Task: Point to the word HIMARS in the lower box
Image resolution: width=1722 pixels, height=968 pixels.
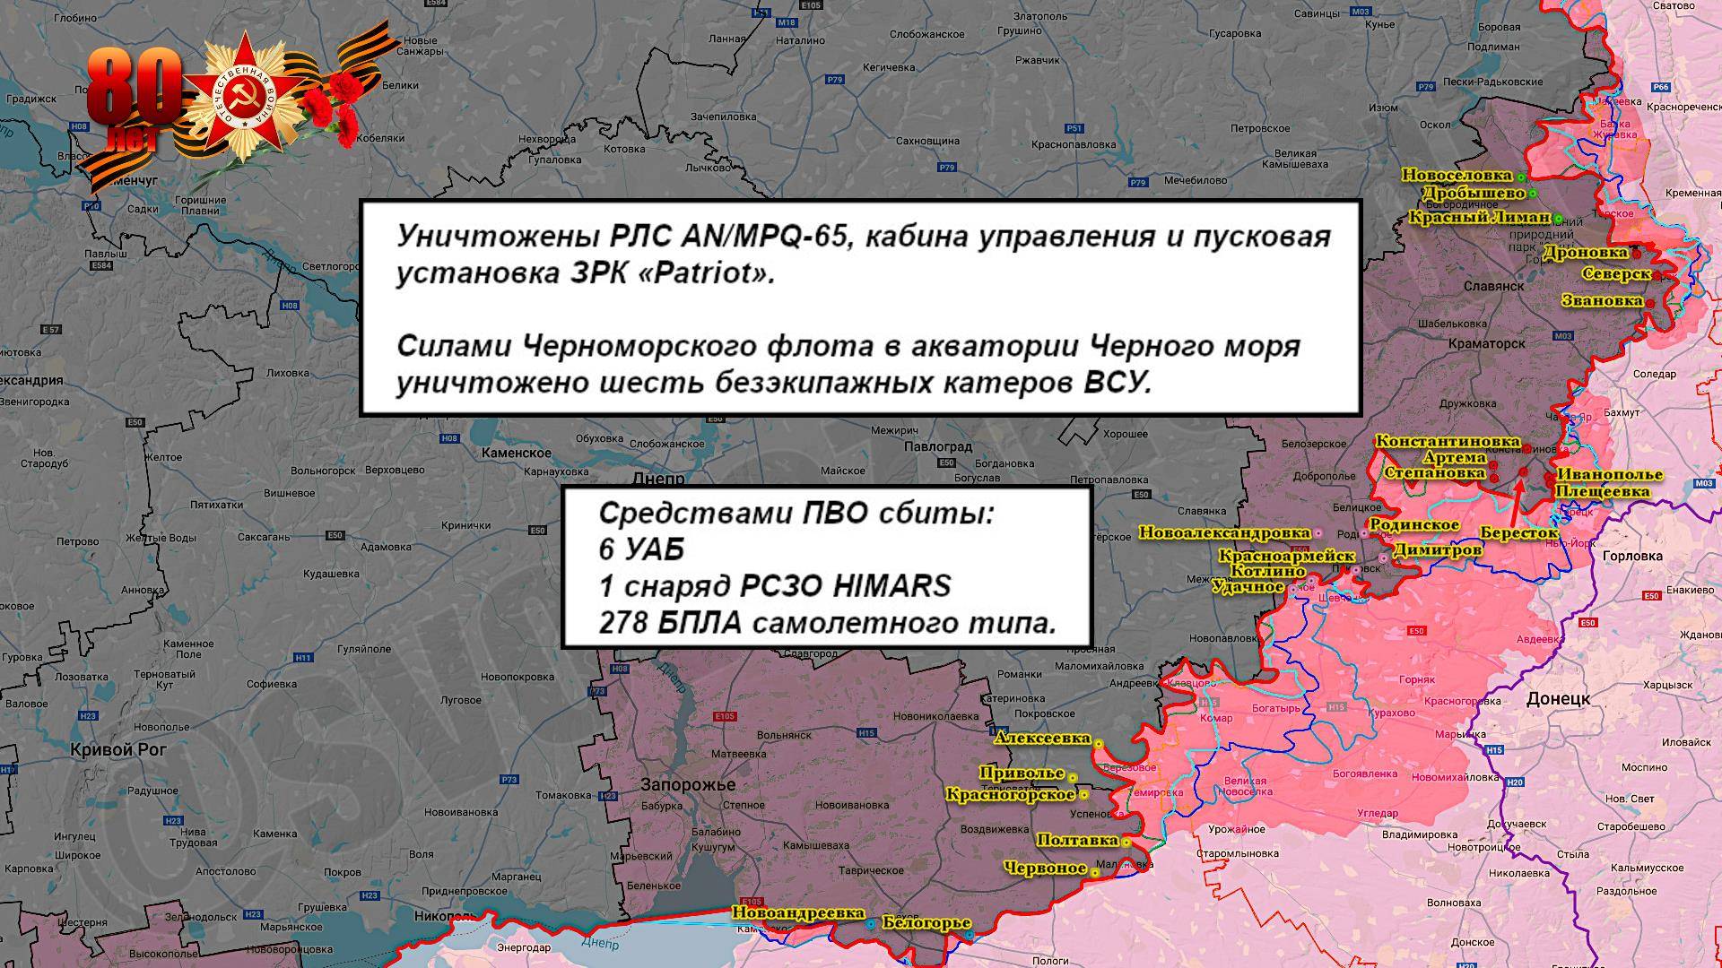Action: tap(891, 586)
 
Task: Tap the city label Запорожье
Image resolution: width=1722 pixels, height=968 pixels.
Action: tap(688, 785)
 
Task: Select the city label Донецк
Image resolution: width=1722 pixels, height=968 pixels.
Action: tap(1558, 698)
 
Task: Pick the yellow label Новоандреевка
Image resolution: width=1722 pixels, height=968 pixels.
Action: tap(797, 912)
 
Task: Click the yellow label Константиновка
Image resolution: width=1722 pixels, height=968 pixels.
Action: tap(1447, 442)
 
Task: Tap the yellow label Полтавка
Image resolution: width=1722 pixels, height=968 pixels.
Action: tap(1076, 840)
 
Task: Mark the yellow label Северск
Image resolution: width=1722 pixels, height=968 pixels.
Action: tap(1616, 273)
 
